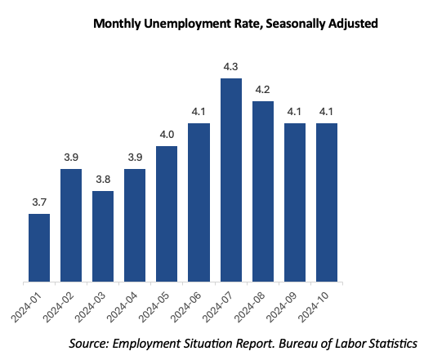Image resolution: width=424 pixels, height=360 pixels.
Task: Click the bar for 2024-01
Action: click(x=38, y=248)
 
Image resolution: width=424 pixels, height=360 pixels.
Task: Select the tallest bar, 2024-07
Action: click(x=230, y=180)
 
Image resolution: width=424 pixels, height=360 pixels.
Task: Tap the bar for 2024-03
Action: click(x=103, y=237)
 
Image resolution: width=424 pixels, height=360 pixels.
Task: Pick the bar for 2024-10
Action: click(x=326, y=203)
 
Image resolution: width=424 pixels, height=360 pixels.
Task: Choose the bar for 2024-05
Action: click(x=167, y=214)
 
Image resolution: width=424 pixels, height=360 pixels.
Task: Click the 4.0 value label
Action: click(x=167, y=135)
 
